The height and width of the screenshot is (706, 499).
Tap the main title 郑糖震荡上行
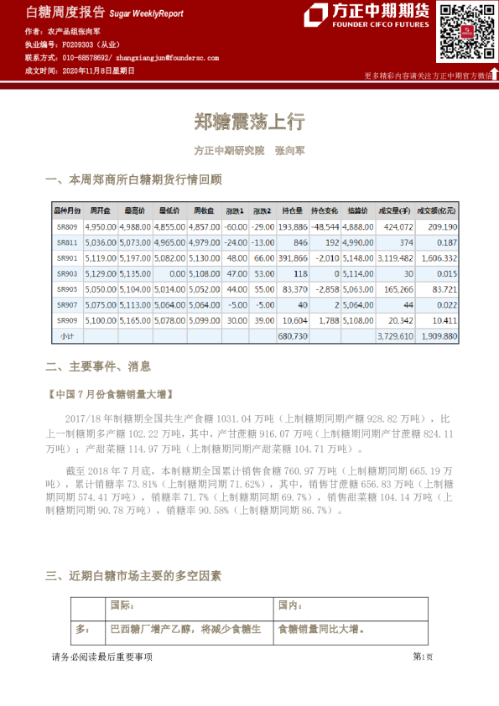(x=249, y=122)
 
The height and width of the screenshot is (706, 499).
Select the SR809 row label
(x=67, y=227)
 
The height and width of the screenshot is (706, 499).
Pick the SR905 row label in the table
(x=67, y=288)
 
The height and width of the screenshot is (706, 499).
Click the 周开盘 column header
(x=100, y=210)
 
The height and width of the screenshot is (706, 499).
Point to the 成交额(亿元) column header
(x=439, y=210)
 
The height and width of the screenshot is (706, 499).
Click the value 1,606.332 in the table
(x=438, y=258)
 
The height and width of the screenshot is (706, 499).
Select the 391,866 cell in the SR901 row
(x=292, y=258)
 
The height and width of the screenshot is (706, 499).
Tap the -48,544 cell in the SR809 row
(x=324, y=227)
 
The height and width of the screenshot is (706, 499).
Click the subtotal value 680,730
(x=292, y=335)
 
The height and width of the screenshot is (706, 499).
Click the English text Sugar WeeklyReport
(x=146, y=14)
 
